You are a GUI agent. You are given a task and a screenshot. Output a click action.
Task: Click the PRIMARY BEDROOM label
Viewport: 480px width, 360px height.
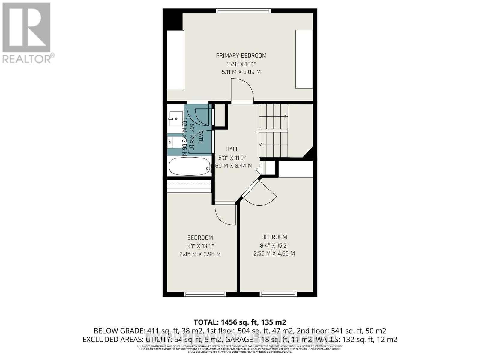[x=241, y=55]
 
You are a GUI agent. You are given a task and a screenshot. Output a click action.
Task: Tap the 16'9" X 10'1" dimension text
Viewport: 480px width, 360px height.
[x=241, y=64]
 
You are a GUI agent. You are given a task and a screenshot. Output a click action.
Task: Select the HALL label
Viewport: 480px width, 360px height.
[x=232, y=149]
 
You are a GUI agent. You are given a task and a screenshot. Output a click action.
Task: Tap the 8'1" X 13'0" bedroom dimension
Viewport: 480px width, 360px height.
[x=200, y=246]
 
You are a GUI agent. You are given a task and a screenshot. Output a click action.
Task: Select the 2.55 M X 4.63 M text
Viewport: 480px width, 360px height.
[x=274, y=253]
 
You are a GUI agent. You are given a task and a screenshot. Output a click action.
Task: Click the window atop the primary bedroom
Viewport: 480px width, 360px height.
[x=244, y=11]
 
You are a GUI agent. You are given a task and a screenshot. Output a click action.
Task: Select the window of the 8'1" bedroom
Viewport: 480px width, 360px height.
[x=205, y=294]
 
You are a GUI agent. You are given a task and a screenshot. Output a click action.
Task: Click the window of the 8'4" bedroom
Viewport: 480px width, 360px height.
[x=278, y=294]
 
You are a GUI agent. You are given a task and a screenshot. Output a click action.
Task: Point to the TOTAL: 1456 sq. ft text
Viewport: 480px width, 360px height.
[x=240, y=322]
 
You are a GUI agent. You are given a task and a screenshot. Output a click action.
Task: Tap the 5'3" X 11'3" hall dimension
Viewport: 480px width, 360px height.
[x=232, y=157]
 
